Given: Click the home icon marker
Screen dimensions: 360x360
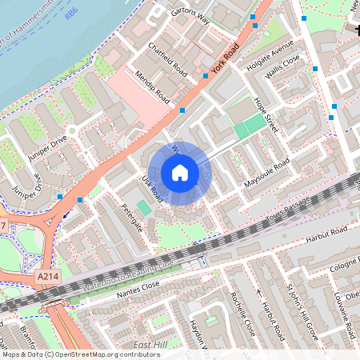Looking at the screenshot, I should pos(180,173).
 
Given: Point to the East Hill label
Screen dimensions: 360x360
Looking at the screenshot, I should pos(150,344).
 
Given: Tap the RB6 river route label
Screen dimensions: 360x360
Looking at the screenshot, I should pos(72,14).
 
